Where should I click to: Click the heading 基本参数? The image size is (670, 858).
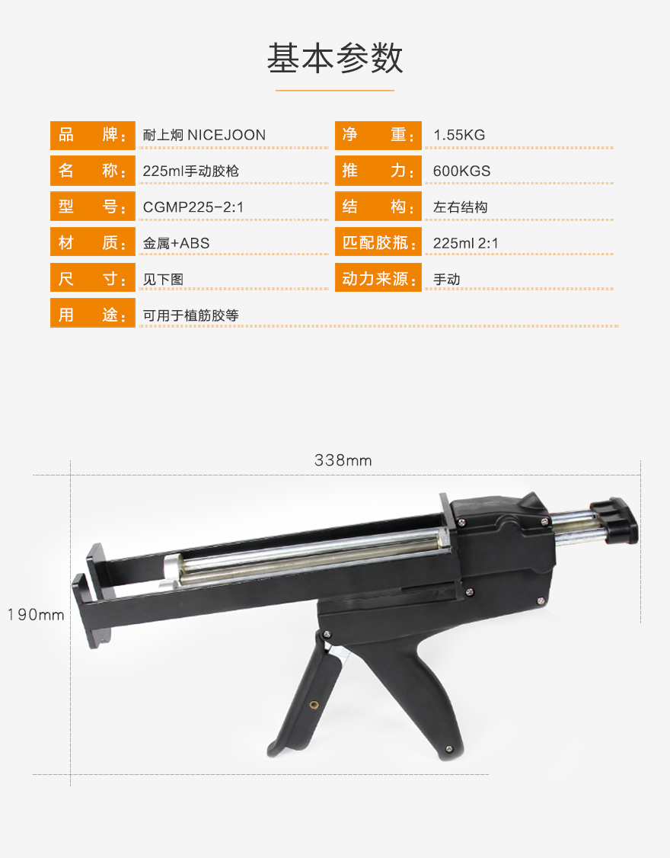(x=335, y=58)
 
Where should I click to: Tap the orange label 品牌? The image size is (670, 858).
(x=92, y=135)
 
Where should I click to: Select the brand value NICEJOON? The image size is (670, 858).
(x=226, y=135)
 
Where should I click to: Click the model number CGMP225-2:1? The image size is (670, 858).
(x=193, y=207)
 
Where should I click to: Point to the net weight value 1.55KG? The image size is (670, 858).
(x=459, y=135)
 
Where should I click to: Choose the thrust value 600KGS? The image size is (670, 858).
(x=461, y=171)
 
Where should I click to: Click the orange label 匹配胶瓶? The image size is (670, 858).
(x=378, y=243)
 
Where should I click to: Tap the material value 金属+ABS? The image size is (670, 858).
(x=176, y=244)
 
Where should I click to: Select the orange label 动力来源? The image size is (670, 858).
(x=378, y=279)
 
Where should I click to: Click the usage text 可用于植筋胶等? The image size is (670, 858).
(x=191, y=315)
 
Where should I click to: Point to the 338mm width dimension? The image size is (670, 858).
(x=343, y=461)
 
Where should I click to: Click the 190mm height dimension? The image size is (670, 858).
(x=36, y=615)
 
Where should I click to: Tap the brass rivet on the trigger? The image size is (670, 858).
(x=314, y=705)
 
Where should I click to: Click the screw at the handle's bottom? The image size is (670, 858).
(x=449, y=748)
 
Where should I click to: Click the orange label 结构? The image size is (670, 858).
(x=378, y=206)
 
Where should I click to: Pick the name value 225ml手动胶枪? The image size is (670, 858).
(x=191, y=171)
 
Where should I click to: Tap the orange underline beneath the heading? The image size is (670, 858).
(x=335, y=90)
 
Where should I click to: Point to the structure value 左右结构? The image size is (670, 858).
(x=460, y=207)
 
